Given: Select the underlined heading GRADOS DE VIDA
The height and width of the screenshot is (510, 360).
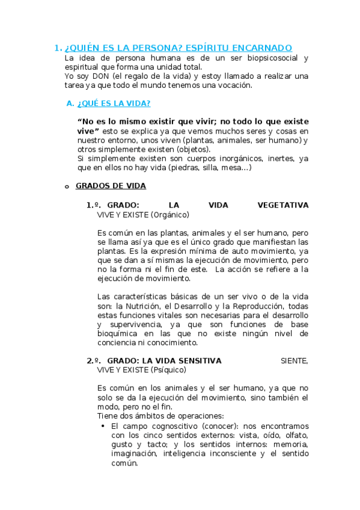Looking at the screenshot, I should (111, 186).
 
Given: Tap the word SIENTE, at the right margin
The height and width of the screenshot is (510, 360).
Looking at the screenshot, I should (294, 360).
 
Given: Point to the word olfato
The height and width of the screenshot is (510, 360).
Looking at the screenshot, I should (294, 435).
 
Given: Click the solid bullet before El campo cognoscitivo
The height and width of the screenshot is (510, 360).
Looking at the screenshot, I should (103, 426).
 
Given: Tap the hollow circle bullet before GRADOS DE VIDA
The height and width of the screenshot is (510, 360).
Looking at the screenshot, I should (67, 187).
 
